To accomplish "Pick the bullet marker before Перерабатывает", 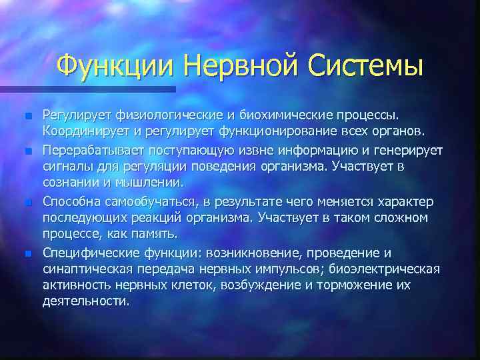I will click(x=27, y=151).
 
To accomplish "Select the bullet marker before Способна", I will click(x=27, y=202).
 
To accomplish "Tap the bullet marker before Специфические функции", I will click(x=27, y=253).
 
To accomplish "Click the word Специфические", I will click(x=91, y=253).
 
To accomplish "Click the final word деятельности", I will click(x=85, y=301).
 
